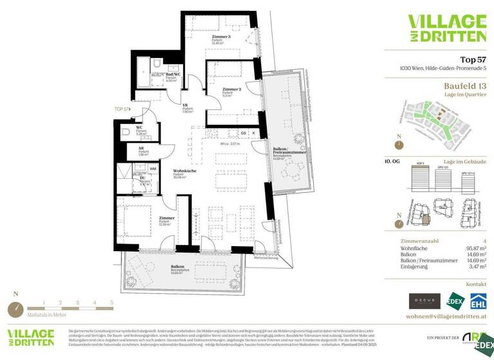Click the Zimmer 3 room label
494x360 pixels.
pos(221,37)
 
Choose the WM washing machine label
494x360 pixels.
pos(153,169)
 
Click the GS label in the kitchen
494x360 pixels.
pos(244,133)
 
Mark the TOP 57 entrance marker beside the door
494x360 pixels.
pos(121,109)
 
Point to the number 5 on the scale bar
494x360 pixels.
pos(111,302)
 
